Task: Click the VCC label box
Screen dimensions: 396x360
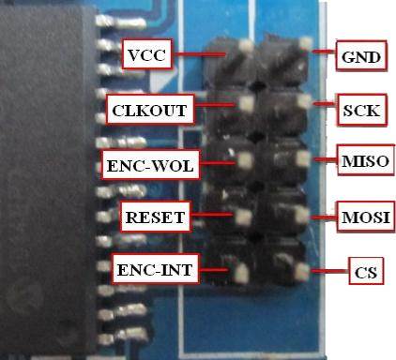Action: pos(146,54)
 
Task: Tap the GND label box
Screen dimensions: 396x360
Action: pos(361,55)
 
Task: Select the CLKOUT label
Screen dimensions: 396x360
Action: pos(150,110)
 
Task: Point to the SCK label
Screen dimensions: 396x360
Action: pos(362,110)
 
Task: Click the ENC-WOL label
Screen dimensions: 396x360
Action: pos(150,165)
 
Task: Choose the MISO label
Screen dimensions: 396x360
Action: pos(366,160)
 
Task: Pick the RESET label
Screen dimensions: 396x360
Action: pos(156,217)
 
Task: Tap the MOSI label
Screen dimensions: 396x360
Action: pos(366,217)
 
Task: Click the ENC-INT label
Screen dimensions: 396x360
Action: pos(155,269)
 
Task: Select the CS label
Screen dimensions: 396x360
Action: pos(366,271)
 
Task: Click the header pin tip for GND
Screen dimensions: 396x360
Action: pos(305,44)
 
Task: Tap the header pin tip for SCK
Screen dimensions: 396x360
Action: pos(304,102)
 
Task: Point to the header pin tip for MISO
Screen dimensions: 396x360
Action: pos(303,158)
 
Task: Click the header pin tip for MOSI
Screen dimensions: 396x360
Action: pos(302,216)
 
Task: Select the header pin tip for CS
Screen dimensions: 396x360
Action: pos(302,271)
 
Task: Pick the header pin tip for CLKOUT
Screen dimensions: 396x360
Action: pos(247,103)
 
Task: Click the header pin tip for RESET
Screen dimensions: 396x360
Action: pos(243,217)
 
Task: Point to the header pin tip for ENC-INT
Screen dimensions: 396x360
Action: pos(241,274)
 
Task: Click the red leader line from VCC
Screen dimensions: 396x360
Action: pos(199,54)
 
